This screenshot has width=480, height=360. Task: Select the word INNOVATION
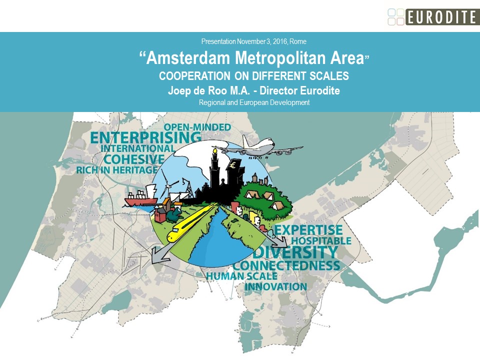click(275, 286)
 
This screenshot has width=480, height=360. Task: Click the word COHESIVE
click(133, 159)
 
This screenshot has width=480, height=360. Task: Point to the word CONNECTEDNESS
click(286, 265)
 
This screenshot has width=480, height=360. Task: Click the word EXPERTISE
click(308, 230)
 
